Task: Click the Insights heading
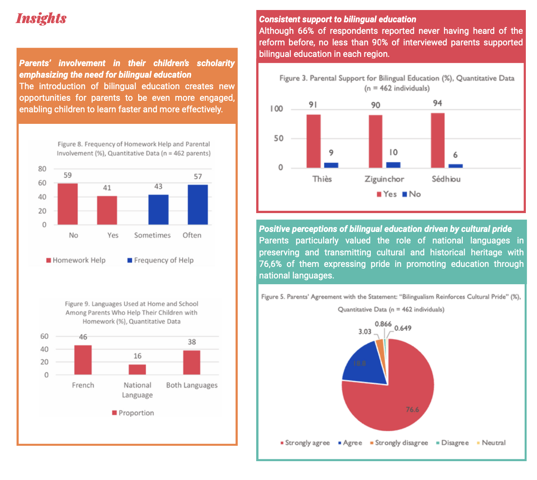pos(41,18)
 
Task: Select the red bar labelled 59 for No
pos(68,204)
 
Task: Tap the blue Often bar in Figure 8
pos(198,205)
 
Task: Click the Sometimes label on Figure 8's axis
pos(152,235)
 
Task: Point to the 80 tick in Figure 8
pos(42,169)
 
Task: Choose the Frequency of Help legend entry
pos(160,260)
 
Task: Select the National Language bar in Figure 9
pos(137,369)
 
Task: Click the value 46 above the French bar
pos(83,337)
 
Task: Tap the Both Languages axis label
pos(192,385)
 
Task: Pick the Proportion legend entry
pos(133,413)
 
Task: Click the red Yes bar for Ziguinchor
pos(375,141)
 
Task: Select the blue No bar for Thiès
pos(331,165)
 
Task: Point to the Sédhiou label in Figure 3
pos(446,179)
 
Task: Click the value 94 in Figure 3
pos(437,103)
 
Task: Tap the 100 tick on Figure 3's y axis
pos(276,109)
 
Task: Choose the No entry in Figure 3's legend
pos(412,194)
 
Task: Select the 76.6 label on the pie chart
pos(412,410)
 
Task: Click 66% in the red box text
pos(306,31)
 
